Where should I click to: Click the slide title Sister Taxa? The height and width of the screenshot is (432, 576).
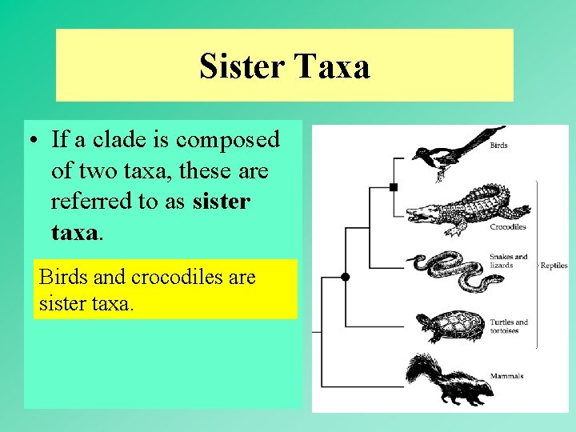tap(284, 66)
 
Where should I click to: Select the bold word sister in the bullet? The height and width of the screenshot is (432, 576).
tap(222, 201)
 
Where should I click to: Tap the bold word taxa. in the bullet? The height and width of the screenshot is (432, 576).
tap(78, 232)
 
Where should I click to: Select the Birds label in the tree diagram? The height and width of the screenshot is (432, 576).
tap(498, 146)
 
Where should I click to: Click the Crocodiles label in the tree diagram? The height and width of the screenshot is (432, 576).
tap(508, 227)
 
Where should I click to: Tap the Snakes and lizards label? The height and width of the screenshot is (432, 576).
tap(508, 261)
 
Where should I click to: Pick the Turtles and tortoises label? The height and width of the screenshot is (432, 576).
tap(510, 326)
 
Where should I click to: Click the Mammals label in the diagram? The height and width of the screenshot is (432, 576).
tap(506, 376)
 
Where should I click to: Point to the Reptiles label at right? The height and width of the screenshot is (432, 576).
tap(554, 266)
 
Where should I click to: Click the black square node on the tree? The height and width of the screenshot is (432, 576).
tap(393, 187)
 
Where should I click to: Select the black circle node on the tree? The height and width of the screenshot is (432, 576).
tap(345, 278)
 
